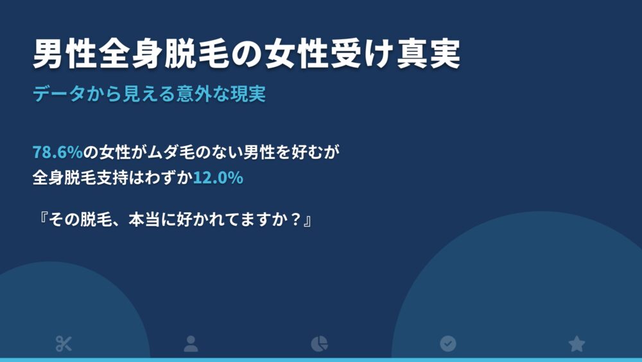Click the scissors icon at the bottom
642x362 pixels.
pyautogui.click(x=64, y=343)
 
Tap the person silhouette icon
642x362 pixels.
pyautogui.click(x=191, y=343)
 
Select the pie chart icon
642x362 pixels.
pyautogui.click(x=319, y=343)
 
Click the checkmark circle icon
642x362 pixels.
pyautogui.click(x=448, y=343)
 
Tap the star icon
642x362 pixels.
pyautogui.click(x=577, y=343)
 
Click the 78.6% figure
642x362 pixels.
pyautogui.click(x=58, y=152)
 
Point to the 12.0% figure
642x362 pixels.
pyautogui.click(x=218, y=178)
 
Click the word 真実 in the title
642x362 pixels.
pyautogui.click(x=429, y=54)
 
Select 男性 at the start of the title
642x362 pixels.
pyautogui.click(x=65, y=54)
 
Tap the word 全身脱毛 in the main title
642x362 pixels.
pyautogui.click(x=164, y=54)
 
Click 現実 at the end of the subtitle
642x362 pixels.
pyautogui.click(x=248, y=94)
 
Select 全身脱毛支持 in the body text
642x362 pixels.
pyautogui.click(x=81, y=178)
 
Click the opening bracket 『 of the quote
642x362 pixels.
pyautogui.click(x=42, y=220)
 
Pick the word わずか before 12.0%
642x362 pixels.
pyautogui.click(x=169, y=178)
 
